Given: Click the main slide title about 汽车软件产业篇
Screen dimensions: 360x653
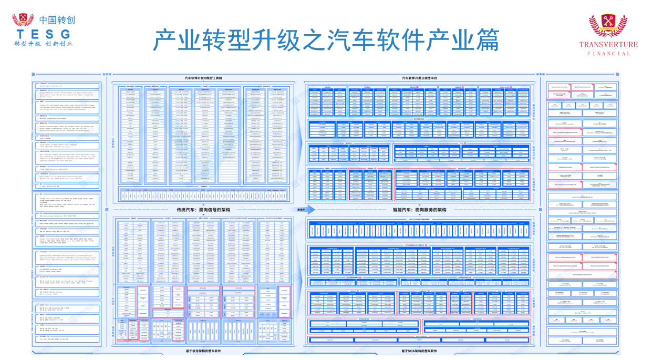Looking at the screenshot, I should pos(326,40).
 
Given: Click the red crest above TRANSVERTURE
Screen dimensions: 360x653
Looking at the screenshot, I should pos(608,25).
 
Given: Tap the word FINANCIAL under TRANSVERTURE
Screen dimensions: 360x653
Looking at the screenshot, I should pos(608,53).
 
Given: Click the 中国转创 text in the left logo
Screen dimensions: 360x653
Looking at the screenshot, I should pos(57,20).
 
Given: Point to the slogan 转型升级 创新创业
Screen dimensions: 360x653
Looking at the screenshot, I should pos(43,44).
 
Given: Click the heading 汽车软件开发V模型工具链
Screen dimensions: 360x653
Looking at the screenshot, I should pos(203,78).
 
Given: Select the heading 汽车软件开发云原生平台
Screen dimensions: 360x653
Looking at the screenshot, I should pos(420,78).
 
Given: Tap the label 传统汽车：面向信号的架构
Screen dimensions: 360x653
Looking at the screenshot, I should pos(204,210).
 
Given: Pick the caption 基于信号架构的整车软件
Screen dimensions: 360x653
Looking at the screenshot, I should pos(203,351).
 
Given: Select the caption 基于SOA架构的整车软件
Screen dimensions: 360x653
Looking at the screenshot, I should pos(420,351).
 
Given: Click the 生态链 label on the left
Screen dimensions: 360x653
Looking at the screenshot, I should pos(107,74).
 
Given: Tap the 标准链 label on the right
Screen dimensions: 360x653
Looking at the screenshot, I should pos(540,74).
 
